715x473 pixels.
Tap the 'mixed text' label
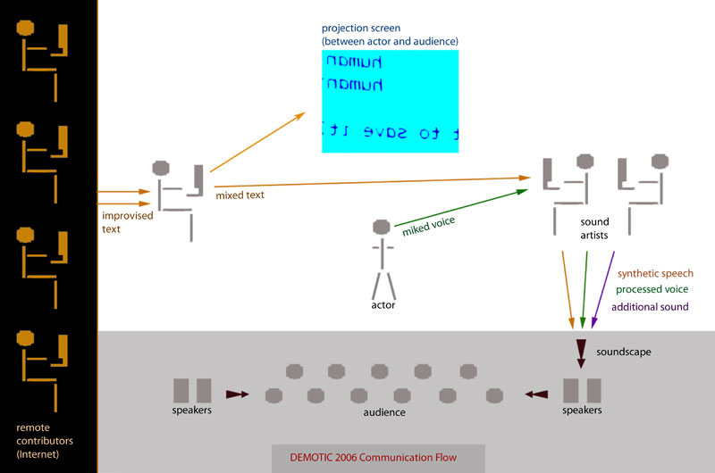click(x=240, y=195)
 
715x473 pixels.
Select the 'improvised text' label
click(x=126, y=222)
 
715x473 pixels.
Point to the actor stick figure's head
click(x=383, y=227)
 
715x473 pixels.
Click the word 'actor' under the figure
click(x=383, y=305)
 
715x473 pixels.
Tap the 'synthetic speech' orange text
click(x=655, y=273)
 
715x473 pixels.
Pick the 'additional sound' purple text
click(x=650, y=307)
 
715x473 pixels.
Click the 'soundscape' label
click(x=625, y=353)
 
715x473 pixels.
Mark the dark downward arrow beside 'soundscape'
click(x=580, y=349)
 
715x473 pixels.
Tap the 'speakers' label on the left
click(x=192, y=411)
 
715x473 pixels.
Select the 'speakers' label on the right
click(x=581, y=411)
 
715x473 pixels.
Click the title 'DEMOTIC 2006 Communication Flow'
click(x=373, y=458)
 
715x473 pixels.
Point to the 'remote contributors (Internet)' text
click(x=45, y=440)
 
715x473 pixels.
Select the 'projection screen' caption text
click(x=391, y=35)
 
